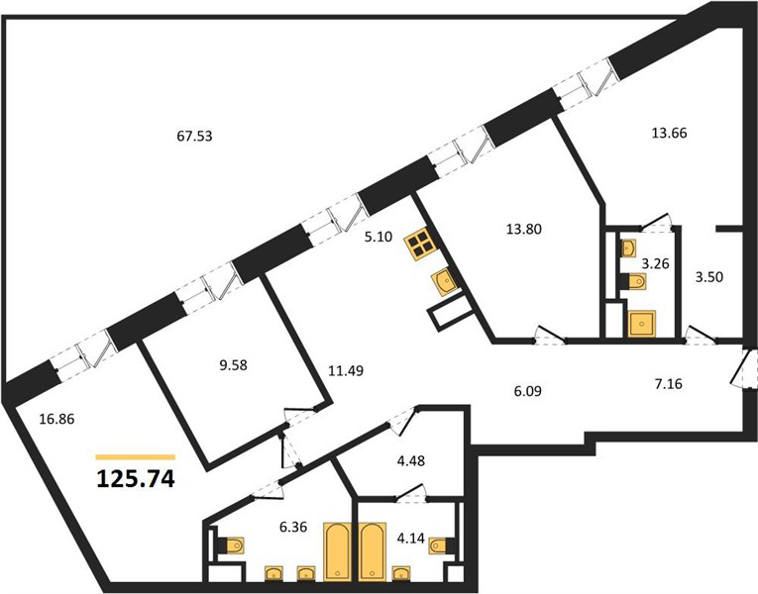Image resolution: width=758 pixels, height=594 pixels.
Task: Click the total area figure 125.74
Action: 136,479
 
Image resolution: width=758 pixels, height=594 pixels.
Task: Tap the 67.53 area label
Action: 195,137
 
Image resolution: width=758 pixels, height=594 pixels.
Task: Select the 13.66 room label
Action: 669,133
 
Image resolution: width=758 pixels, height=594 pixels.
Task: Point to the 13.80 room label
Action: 523,229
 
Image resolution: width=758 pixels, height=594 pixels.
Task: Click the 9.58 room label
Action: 233,365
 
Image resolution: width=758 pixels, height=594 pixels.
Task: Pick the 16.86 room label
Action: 57,419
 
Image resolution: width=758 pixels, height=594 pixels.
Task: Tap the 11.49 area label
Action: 346,371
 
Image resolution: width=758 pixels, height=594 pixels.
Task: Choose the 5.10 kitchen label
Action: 379,238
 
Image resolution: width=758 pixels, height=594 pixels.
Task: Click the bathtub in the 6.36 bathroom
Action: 337,550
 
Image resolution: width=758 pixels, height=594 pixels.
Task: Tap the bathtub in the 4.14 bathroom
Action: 373,550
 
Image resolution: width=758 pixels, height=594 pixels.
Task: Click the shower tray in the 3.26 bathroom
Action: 641,323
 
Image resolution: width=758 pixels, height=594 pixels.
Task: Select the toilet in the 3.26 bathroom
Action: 634,281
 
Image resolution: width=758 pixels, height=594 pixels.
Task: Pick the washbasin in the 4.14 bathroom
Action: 401,573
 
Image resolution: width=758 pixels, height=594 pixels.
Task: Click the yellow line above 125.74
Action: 136,456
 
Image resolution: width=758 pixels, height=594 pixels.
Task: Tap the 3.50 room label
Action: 708,277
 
